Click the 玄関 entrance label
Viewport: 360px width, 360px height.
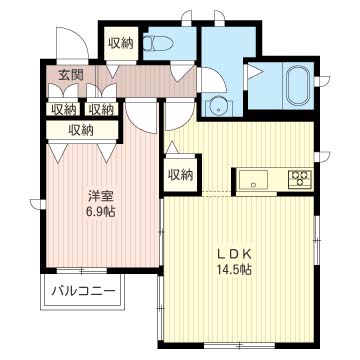[70, 75]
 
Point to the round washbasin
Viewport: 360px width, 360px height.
[215, 105]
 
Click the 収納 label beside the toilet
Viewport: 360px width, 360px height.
[121, 42]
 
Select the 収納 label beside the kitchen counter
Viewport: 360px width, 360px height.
[181, 174]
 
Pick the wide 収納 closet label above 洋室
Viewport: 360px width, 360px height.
[83, 129]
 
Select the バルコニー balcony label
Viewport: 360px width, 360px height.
[83, 291]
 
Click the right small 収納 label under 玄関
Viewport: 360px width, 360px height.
[99, 109]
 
